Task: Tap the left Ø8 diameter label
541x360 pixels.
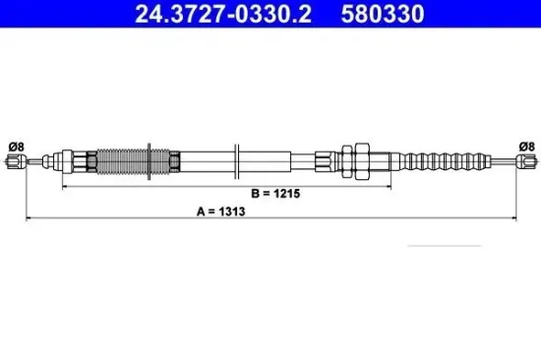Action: (16, 147)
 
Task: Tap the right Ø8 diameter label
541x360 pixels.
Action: (526, 147)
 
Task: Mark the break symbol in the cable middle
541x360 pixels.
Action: (237, 159)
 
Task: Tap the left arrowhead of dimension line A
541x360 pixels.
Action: (29, 217)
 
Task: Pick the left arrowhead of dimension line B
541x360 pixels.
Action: (65, 184)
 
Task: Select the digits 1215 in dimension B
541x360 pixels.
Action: (286, 195)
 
